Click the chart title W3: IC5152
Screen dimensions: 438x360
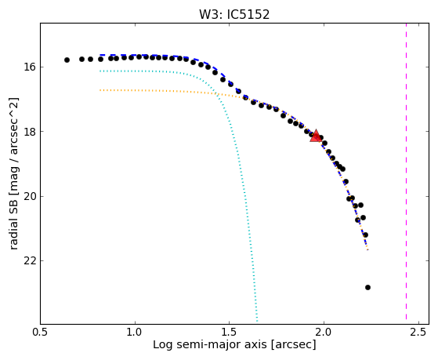[x=234, y=15]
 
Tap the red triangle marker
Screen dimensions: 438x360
[x=316, y=136]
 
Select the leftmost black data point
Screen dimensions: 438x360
[x=67, y=60]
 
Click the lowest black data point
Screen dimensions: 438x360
[x=367, y=287]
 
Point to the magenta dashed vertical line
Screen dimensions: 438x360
[x=406, y=171]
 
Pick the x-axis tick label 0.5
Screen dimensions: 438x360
[x=41, y=332]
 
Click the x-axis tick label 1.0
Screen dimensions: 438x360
[x=136, y=332]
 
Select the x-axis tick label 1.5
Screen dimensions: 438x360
[x=229, y=332]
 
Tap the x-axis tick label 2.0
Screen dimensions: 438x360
[x=324, y=332]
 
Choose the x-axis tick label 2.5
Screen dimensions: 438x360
[x=418, y=332]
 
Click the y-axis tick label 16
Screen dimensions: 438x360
[x=30, y=67]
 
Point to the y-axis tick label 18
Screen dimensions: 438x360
[x=30, y=132]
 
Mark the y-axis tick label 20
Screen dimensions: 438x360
[x=30, y=196]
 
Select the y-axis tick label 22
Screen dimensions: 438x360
[x=30, y=260]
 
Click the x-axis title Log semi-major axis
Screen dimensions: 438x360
[x=209, y=345]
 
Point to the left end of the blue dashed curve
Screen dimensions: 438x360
[x=100, y=55]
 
